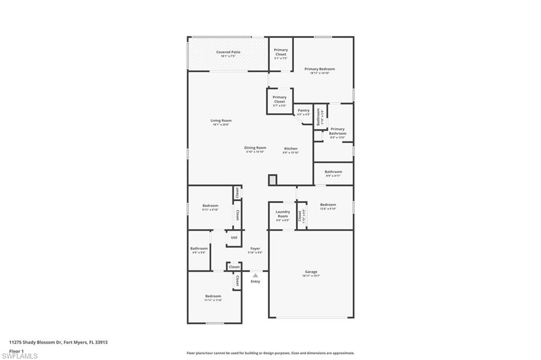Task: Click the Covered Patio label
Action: click(228, 52)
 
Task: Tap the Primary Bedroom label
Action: click(320, 69)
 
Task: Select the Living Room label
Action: click(221, 121)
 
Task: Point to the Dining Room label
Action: click(255, 148)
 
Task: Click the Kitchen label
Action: click(291, 149)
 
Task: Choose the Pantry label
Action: click(303, 111)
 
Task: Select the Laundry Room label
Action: click(283, 214)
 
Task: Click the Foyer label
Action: click(255, 249)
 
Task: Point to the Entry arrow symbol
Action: click(255, 276)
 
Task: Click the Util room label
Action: click(234, 238)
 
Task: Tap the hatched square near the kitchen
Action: click(273, 180)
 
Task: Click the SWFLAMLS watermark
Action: click(20, 356)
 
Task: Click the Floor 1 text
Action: click(17, 350)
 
